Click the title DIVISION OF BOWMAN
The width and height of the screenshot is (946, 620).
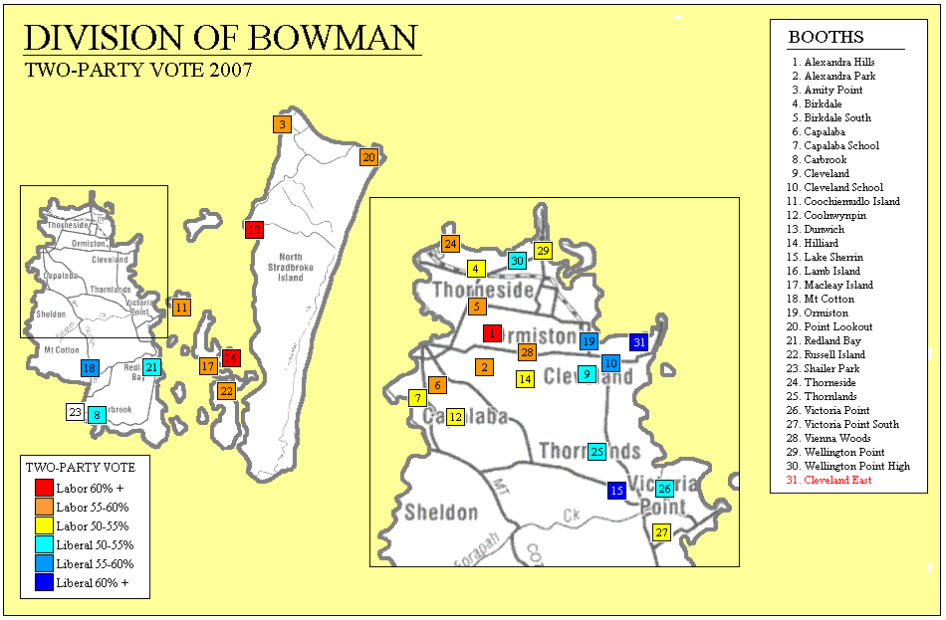coord(220,38)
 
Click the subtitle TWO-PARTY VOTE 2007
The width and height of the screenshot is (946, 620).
coord(137,70)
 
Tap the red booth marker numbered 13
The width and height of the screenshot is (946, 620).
coord(254,230)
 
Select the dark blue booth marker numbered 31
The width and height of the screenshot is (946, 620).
coord(639,342)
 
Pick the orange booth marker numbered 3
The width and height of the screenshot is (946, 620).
coord(283,124)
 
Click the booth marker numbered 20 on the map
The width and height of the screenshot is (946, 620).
coord(368,157)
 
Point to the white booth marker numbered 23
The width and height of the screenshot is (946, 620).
coord(76,412)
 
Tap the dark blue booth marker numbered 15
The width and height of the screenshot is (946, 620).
coord(616,491)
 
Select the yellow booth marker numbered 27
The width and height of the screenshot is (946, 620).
coord(662,532)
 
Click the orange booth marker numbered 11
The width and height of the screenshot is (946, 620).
coord(181,308)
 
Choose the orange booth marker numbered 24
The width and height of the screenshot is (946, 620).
coord(450,244)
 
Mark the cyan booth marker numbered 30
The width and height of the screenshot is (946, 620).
coord(516,261)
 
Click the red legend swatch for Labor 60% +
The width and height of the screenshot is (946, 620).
coord(44,488)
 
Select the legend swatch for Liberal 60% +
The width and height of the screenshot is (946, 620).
coord(44,582)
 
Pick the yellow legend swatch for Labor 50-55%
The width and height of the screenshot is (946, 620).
coord(44,525)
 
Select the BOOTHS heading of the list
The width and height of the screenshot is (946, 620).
coord(826,38)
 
